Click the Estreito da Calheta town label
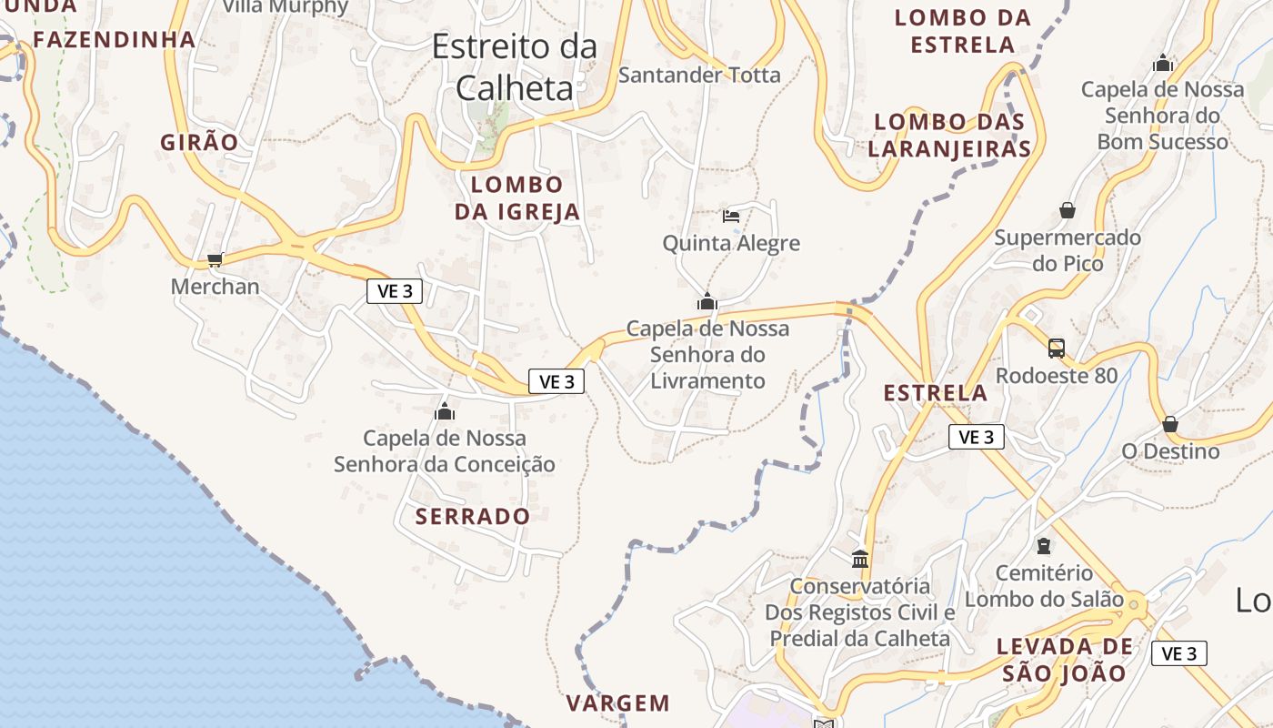[x=515, y=66]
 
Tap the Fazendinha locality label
[x=115, y=39]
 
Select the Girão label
[x=199, y=142]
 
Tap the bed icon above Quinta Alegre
[x=731, y=217]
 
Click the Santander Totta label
[x=699, y=75]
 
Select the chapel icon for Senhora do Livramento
[x=707, y=301]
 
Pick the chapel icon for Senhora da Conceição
[x=445, y=411]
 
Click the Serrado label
[x=473, y=516]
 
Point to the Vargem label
[x=618, y=703]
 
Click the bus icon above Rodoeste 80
[x=1057, y=348]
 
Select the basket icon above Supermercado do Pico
[x=1068, y=211]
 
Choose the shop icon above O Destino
[x=1170, y=424]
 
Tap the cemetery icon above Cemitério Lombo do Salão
[x=1044, y=546]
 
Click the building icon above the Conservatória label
[x=860, y=559]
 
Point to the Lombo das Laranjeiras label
[x=949, y=135]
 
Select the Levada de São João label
[x=1065, y=660]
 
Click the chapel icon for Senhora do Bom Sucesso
[x=1162, y=64]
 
